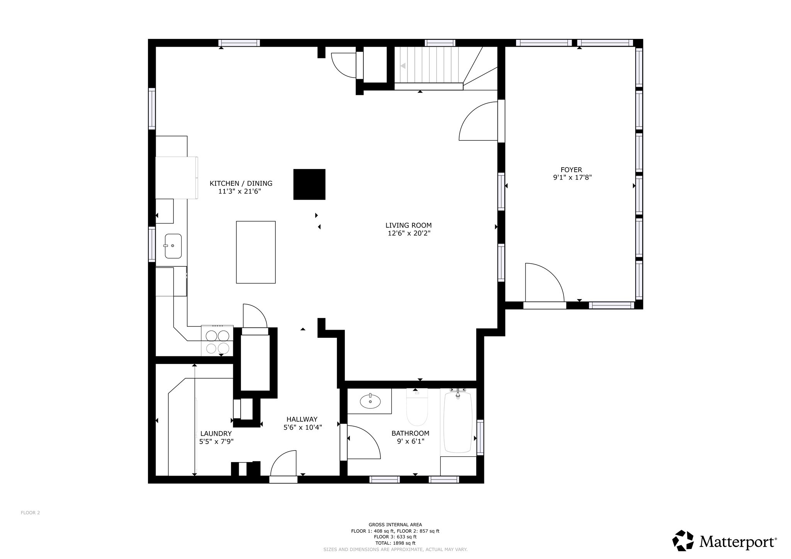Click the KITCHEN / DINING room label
click(x=241, y=183)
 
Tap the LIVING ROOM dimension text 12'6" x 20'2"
click(x=409, y=233)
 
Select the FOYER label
click(x=571, y=169)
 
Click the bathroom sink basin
click(x=370, y=402)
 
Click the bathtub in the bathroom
click(x=458, y=423)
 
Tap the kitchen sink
click(x=173, y=246)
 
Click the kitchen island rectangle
click(x=256, y=252)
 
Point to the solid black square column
click(x=309, y=184)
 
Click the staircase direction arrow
click(x=403, y=66)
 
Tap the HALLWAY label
click(x=302, y=419)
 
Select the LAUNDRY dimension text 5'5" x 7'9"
click(x=216, y=441)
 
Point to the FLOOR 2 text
click(x=30, y=513)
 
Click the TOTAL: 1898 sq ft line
click(x=395, y=543)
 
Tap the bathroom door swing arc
click(x=365, y=442)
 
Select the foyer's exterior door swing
click(x=544, y=282)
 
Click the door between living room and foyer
click(x=479, y=121)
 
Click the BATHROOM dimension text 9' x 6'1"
click(x=410, y=441)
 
